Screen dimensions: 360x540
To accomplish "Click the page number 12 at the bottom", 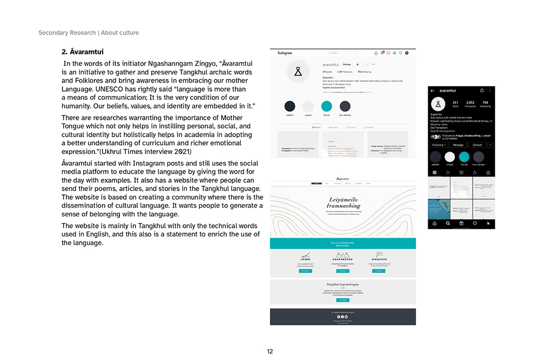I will (x=270, y=351).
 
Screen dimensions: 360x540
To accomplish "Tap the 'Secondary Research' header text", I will (x=66, y=33).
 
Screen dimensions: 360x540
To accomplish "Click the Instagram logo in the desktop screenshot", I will (x=285, y=53).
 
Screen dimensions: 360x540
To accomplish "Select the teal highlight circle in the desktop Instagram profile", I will (x=326, y=106).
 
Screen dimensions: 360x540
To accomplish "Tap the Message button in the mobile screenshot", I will (x=458, y=145).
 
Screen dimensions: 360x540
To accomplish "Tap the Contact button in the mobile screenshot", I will (x=477, y=145).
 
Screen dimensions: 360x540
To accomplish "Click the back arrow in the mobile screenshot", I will (x=433, y=90).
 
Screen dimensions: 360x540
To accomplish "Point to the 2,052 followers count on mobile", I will (x=470, y=103).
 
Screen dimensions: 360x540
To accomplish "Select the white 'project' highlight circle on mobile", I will (x=449, y=157).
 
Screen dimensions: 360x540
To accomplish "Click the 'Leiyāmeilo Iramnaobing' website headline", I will (x=342, y=202).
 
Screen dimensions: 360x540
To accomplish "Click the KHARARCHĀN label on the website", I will (x=342, y=260).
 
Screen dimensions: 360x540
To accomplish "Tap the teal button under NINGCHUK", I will (x=379, y=271).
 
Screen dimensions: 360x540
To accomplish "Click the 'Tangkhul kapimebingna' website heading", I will (x=343, y=284).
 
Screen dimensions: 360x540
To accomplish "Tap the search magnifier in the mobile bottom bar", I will (x=447, y=223).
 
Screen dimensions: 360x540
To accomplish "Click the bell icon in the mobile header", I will (x=481, y=90).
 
